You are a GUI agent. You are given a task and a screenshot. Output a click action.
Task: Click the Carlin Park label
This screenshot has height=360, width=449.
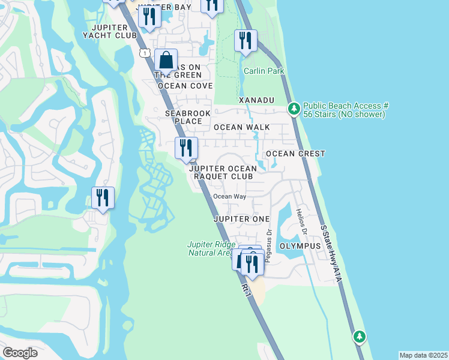coord(264,71)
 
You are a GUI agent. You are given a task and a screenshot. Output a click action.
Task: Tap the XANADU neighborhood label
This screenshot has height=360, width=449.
coord(256,99)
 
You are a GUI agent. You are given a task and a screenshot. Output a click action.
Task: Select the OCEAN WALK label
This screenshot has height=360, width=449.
coord(241,127)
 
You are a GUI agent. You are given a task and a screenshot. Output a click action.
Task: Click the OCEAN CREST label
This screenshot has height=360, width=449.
coord(295,154)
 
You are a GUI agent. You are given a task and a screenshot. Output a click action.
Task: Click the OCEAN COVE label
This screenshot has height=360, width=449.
coord(185,86)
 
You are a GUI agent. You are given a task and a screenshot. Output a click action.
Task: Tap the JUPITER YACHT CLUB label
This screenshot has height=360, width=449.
coord(110,32)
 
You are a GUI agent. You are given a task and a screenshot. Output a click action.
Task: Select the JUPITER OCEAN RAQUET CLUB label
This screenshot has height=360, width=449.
coord(223,173)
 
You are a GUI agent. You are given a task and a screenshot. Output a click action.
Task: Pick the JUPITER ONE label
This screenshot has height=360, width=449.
coord(241,219)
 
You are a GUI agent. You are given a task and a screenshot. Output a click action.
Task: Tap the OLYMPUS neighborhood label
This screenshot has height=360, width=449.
coord(300,246)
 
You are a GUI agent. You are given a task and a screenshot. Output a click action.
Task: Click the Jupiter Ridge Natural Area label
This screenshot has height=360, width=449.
coord(209,248)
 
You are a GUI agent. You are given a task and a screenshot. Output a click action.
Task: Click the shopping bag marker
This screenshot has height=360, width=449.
coord(166,61)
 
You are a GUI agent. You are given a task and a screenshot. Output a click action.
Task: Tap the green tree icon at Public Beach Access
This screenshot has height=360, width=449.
coord(294,109)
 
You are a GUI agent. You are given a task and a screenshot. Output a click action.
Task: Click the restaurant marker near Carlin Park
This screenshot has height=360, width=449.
coord(245,41)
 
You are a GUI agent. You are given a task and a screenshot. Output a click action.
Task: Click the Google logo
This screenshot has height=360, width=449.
coord(20,353)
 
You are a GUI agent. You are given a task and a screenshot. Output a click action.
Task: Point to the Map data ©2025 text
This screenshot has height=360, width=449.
coord(423,355)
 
